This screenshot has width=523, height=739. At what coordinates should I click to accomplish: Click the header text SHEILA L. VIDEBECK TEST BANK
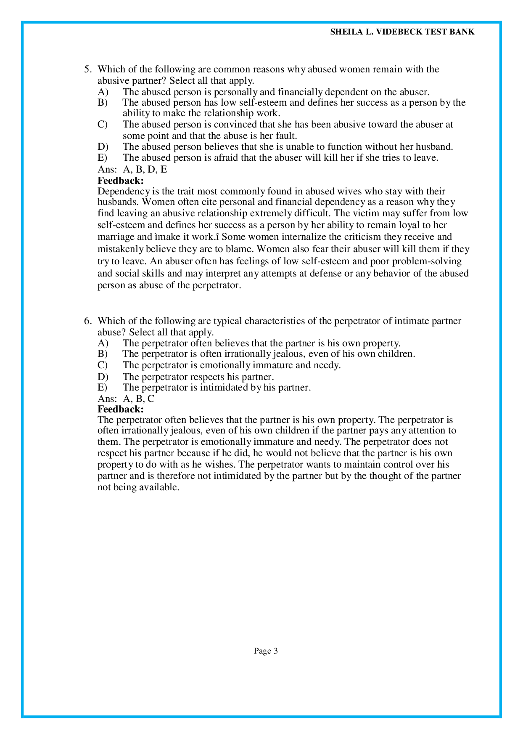402,32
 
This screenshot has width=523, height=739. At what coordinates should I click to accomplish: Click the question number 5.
87,69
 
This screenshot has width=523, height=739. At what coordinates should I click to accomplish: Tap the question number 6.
87,321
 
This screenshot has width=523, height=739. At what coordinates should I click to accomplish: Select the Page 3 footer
266,651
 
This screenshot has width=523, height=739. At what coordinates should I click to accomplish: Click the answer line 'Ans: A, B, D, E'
132,169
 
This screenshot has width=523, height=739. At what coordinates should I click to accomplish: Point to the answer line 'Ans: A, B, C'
126,398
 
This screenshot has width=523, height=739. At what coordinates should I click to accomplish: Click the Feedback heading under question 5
121,181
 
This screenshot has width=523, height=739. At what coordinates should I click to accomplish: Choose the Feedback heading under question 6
121,409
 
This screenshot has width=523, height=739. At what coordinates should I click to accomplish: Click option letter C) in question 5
103,125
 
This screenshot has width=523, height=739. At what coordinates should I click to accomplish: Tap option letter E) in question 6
102,387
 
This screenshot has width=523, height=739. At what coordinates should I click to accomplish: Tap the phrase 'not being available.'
138,487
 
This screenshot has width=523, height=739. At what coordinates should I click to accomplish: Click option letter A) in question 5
103,92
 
